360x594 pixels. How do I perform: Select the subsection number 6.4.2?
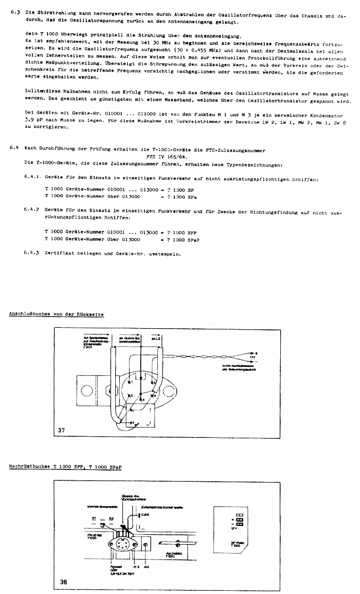pyautogui.click(x=33, y=211)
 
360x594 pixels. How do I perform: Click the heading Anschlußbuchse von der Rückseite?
pyautogui.click(x=56, y=314)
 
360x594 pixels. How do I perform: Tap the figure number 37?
pyautogui.click(x=61, y=429)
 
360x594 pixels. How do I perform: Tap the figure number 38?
pyautogui.click(x=65, y=581)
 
